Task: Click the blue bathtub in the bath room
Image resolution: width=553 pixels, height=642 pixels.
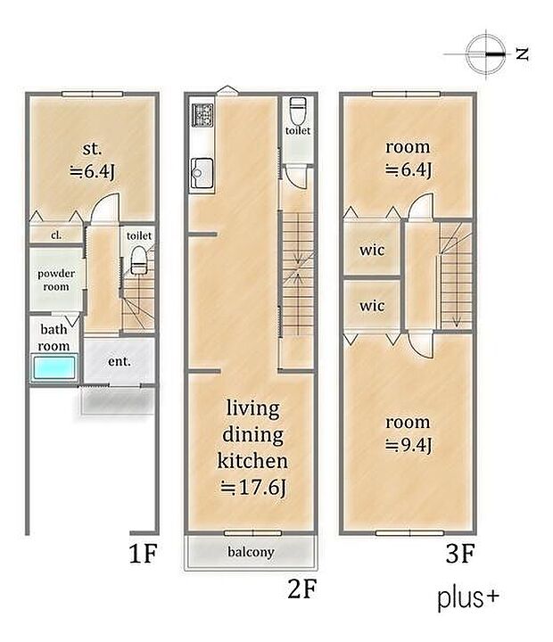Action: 54,367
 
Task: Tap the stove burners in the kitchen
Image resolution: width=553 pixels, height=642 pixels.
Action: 202,115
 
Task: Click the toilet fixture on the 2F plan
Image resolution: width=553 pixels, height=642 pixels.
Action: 297,110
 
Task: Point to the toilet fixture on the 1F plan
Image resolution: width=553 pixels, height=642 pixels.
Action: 138,260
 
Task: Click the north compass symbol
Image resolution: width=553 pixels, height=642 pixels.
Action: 485,54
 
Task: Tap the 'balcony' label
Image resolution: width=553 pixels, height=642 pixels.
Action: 251,552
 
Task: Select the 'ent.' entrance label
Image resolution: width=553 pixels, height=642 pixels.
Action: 120,361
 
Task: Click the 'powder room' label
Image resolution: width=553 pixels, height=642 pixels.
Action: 56,280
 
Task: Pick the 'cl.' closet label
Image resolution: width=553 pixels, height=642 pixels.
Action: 56,235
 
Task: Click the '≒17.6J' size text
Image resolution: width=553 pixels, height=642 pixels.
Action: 252,488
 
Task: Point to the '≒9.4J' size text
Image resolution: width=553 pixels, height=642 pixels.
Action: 408,445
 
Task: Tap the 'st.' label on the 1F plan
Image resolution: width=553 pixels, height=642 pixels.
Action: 92,148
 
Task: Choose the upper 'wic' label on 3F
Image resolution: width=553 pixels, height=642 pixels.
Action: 372,250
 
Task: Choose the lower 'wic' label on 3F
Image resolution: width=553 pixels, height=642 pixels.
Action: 372,306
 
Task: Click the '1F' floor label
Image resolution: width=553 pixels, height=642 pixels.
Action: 143,553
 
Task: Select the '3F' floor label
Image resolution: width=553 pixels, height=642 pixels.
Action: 459,553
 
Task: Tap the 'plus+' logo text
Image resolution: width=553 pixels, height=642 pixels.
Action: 468,598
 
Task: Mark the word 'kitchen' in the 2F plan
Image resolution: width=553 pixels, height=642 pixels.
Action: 252,461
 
